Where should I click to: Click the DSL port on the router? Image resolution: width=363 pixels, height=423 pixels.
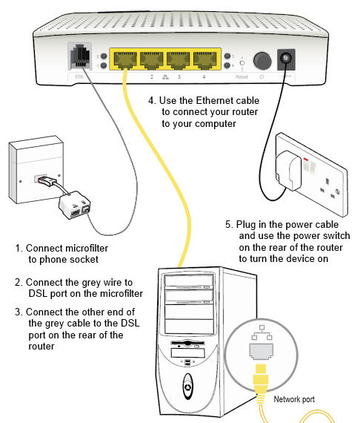[x=80, y=56]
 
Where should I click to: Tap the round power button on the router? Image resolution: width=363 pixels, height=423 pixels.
[x=262, y=60]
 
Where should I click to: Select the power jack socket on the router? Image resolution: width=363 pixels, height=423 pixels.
[x=286, y=59]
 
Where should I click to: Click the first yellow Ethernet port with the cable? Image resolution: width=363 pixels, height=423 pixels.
[x=125, y=60]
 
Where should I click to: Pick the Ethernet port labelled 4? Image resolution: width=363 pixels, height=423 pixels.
[x=204, y=60]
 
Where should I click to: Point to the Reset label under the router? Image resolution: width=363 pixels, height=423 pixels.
[x=242, y=77]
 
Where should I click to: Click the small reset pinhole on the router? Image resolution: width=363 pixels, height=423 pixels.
[x=242, y=63]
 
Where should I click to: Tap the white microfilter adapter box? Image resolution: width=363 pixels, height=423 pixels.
[x=75, y=205]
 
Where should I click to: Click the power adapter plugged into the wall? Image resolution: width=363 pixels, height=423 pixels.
[x=288, y=170]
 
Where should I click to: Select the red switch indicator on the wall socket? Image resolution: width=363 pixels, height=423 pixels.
[x=306, y=160]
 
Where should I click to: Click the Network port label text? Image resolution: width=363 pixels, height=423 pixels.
[x=294, y=399]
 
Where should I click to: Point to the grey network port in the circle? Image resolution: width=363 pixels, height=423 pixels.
[x=261, y=352]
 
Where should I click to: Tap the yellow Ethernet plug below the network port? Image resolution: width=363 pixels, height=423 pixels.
[x=261, y=378]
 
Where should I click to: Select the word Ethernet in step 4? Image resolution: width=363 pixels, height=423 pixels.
[x=212, y=101]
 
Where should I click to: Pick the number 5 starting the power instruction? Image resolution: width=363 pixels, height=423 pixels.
[x=228, y=224]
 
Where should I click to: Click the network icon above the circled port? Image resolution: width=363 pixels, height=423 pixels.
[x=262, y=332]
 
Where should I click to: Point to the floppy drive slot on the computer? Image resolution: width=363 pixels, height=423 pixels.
[x=187, y=343]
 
